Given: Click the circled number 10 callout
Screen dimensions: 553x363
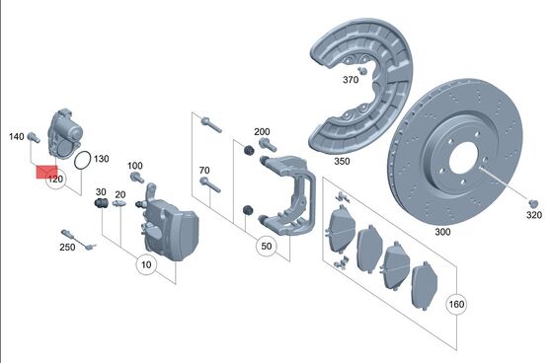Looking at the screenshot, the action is pyautogui.click(x=146, y=264).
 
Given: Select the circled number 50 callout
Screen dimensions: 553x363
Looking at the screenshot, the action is pyautogui.click(x=267, y=246).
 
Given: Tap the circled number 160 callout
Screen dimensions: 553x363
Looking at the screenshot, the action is pyautogui.click(x=456, y=304).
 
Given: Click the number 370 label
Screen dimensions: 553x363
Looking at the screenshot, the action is pyautogui.click(x=351, y=80).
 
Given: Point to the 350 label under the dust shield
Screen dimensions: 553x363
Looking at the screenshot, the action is pyautogui.click(x=342, y=161).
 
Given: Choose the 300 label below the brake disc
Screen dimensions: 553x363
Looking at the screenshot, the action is pyautogui.click(x=442, y=232).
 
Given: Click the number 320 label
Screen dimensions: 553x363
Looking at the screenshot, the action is pyautogui.click(x=534, y=215).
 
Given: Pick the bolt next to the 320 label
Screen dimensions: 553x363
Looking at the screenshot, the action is pyautogui.click(x=533, y=204).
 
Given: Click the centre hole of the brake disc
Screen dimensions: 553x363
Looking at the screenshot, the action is pyautogui.click(x=463, y=158).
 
